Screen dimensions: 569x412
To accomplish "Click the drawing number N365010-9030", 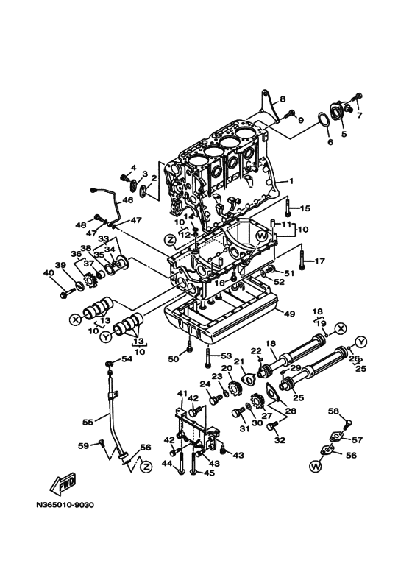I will tap(65, 505).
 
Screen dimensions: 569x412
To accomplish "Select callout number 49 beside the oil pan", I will tap(289, 314).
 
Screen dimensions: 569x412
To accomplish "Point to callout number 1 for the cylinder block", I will tap(291, 180).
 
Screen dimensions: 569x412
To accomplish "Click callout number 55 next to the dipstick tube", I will tap(88, 423).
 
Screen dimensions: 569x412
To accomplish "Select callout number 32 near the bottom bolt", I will tap(279, 440).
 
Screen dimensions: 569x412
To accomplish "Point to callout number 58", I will tap(333, 411).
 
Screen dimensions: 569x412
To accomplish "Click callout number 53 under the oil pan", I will tap(227, 356).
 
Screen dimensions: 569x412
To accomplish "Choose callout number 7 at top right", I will tap(360, 115).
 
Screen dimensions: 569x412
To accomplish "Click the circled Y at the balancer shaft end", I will tap(361, 341).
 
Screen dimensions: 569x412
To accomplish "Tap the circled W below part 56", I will tap(316, 466).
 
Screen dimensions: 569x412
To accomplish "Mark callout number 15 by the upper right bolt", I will tap(305, 208).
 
